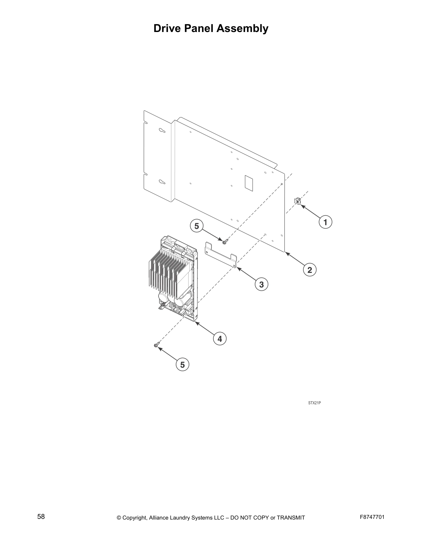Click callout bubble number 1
tap(325, 222)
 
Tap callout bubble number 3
tap(261, 285)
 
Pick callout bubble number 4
tap(220, 339)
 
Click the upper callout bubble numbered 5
tap(197, 226)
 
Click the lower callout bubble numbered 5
tap(182, 364)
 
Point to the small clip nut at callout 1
tap(298, 201)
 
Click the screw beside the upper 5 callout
tap(224, 242)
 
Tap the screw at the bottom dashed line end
tap(157, 344)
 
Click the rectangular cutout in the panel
tap(249, 183)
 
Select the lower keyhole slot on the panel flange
tap(162, 182)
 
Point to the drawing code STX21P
tap(314, 403)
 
